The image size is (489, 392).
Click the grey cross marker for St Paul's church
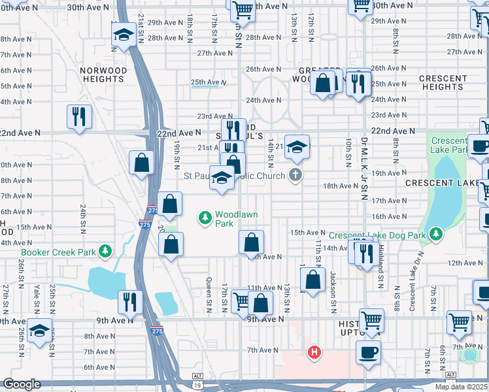tap(295, 175)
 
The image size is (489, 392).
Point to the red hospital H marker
tap(314, 352)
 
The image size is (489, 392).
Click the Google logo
tap(22, 384)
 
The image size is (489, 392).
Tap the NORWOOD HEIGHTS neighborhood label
tap(103, 74)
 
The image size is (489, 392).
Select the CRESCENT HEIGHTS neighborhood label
tap(443, 82)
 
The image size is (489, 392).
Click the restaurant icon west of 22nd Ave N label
tap(78, 116)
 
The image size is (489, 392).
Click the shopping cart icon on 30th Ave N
tap(243, 9)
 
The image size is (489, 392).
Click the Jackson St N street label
tap(333, 288)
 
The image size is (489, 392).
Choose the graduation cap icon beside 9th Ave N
tap(39, 330)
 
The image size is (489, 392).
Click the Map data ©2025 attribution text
tap(462, 387)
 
